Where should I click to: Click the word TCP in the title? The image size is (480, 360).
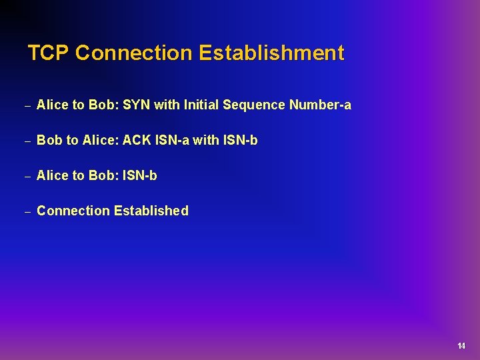coord(49,53)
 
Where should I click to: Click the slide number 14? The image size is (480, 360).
coord(461,346)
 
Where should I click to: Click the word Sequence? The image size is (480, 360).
coord(254,105)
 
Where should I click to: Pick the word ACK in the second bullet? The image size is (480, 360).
coord(137,141)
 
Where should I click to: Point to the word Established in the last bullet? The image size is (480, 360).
coord(151,211)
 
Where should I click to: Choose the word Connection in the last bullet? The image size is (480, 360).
coord(73,211)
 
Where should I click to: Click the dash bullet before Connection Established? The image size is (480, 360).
coord(27,212)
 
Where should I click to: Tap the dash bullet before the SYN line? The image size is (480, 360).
coord(27,106)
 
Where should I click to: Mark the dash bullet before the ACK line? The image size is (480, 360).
coord(27,141)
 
